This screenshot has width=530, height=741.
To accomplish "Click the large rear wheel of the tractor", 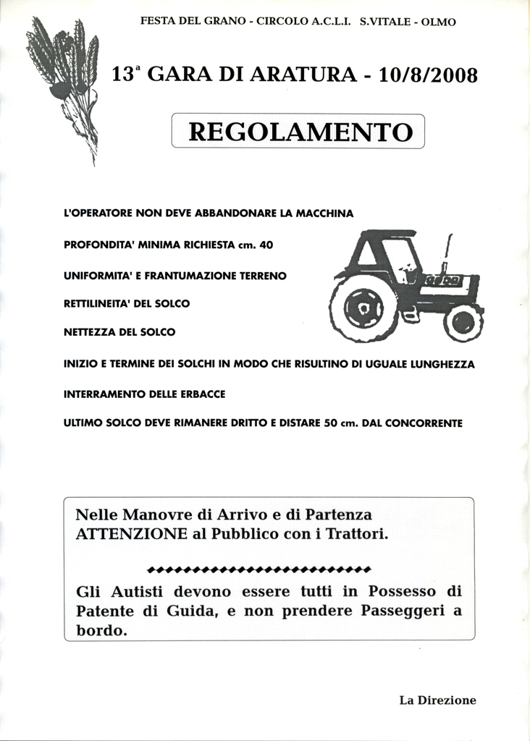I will [363, 309].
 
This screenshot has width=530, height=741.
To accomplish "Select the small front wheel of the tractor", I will [463, 323].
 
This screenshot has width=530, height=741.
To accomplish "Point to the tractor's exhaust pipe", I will [447, 253].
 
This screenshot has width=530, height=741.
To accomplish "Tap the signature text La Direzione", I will [437, 700].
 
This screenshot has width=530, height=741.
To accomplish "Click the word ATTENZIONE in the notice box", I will [126, 535].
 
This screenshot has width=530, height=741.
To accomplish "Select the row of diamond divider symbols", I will [258, 567].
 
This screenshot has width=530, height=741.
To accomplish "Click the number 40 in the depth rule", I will [266, 245].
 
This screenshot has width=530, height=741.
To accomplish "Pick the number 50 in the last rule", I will [330, 423].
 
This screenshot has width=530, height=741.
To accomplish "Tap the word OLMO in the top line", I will [438, 22].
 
